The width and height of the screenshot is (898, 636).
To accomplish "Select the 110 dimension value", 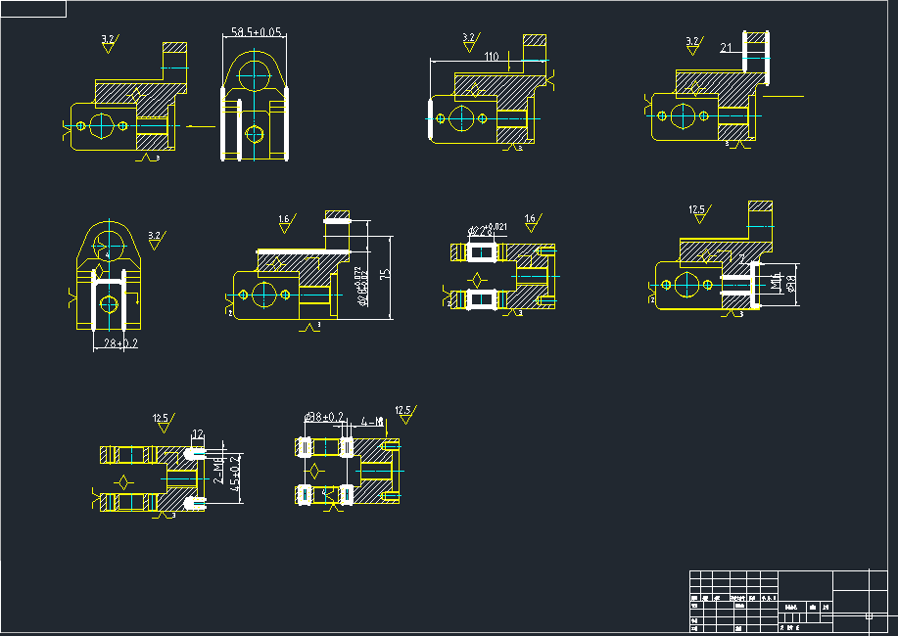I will (x=493, y=57).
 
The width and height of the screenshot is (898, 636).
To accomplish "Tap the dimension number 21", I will (x=726, y=47).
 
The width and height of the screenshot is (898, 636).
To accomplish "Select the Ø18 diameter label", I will (x=789, y=284).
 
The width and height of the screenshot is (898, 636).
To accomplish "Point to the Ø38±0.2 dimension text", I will (x=324, y=417).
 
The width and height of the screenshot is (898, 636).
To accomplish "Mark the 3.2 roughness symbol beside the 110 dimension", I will (x=469, y=42).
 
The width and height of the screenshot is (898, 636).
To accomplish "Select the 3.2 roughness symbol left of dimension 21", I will (x=693, y=45).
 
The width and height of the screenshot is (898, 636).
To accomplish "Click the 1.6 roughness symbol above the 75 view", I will (x=285, y=222).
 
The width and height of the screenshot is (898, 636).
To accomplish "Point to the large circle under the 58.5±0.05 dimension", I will (x=255, y=71).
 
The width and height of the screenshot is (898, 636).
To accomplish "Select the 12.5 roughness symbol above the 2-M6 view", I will (x=163, y=422).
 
